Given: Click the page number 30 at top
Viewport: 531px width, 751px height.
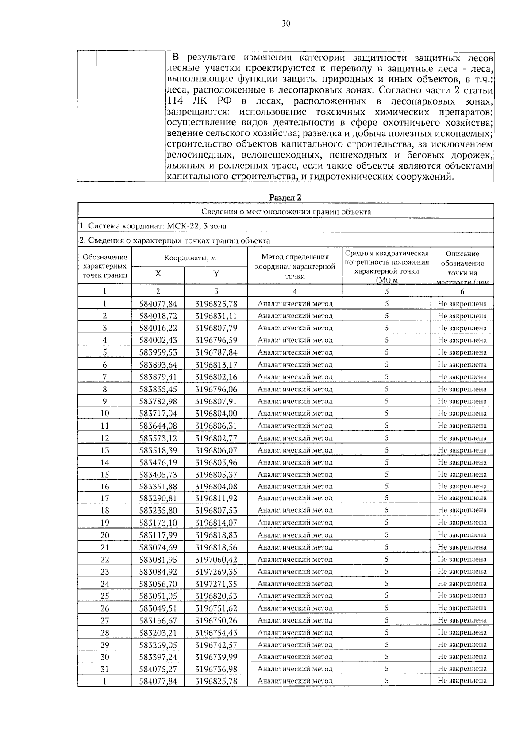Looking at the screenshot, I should click(x=285, y=24).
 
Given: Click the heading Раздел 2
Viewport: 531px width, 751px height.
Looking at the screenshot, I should click(x=285, y=197).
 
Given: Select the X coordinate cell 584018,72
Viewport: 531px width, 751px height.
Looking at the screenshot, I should click(x=158, y=316).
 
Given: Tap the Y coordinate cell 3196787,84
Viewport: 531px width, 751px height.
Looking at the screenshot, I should click(x=216, y=352).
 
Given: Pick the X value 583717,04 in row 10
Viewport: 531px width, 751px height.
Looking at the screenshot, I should click(x=158, y=414).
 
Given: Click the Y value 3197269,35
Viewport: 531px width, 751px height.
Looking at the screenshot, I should click(x=216, y=572).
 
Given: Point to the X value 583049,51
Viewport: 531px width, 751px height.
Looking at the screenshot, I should click(x=158, y=608).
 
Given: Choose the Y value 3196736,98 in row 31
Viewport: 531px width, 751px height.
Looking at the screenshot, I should click(x=216, y=669).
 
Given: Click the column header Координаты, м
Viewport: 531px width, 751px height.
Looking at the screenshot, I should click(x=190, y=258).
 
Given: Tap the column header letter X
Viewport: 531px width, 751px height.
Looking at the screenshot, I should click(x=158, y=274).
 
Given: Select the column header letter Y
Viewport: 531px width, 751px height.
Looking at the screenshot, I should click(x=216, y=274).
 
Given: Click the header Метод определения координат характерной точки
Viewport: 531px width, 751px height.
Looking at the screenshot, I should click(x=295, y=266).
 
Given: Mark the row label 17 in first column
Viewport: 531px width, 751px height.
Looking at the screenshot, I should click(x=105, y=498).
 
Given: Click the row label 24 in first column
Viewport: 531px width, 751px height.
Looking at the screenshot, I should click(x=105, y=584).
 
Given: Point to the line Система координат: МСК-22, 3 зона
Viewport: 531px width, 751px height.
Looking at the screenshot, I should click(x=153, y=226).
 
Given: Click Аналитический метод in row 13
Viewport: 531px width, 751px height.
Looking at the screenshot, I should click(x=295, y=450).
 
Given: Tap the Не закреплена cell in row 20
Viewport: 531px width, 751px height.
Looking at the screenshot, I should click(x=462, y=535).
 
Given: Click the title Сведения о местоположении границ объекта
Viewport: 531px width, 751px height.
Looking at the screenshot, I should click(x=285, y=212).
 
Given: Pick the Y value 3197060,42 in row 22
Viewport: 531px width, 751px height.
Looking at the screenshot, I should click(x=216, y=560).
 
